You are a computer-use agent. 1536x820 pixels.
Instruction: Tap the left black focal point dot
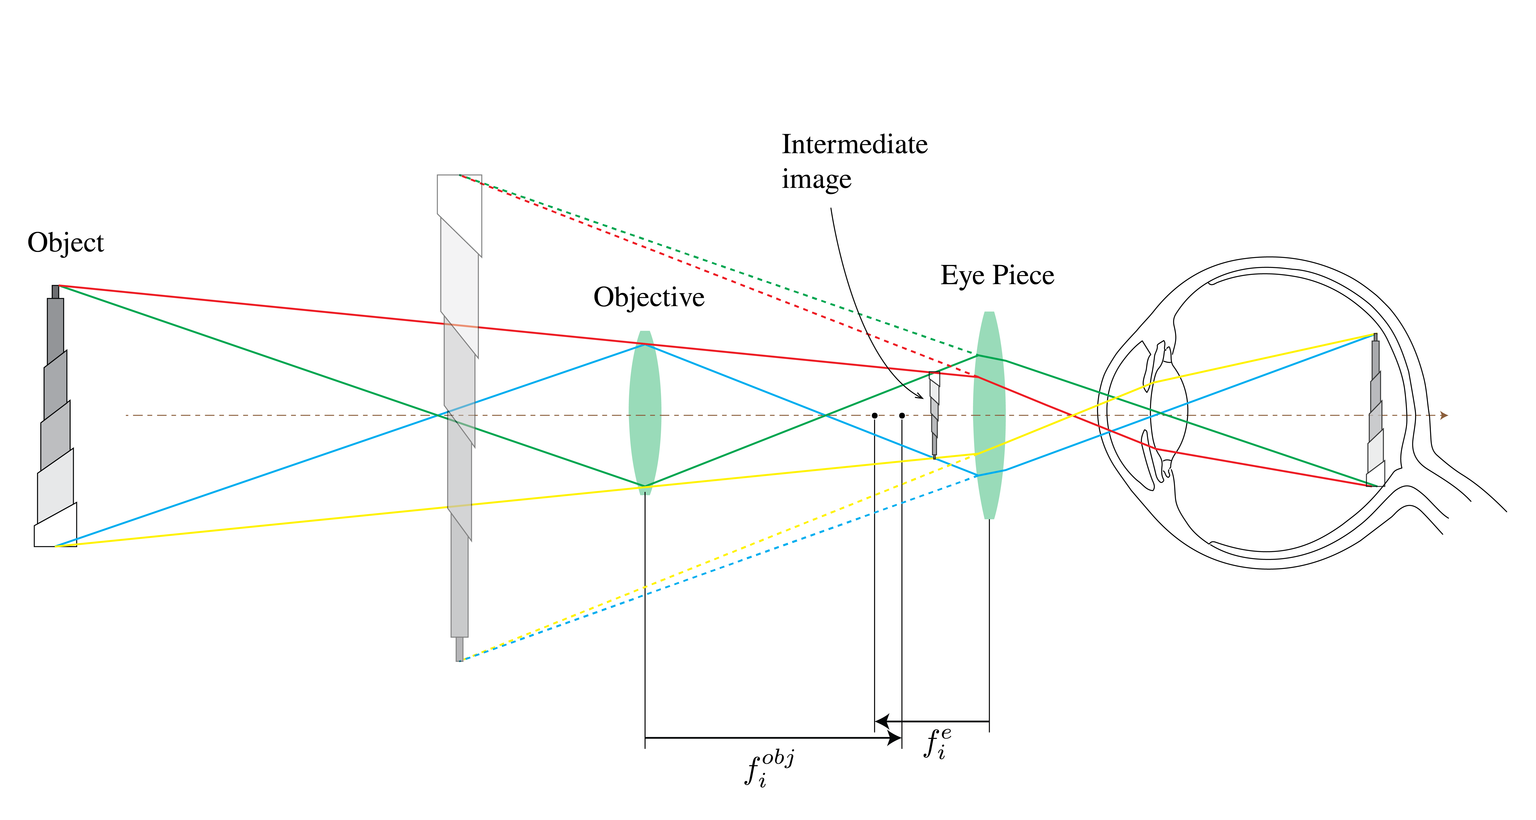click(874, 415)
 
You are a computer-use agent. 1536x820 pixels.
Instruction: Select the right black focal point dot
click(902, 415)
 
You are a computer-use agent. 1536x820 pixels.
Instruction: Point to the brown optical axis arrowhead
click(1444, 415)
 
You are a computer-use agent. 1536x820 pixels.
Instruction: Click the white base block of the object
click(56, 528)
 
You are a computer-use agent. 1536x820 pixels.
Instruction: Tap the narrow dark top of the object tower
click(56, 292)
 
